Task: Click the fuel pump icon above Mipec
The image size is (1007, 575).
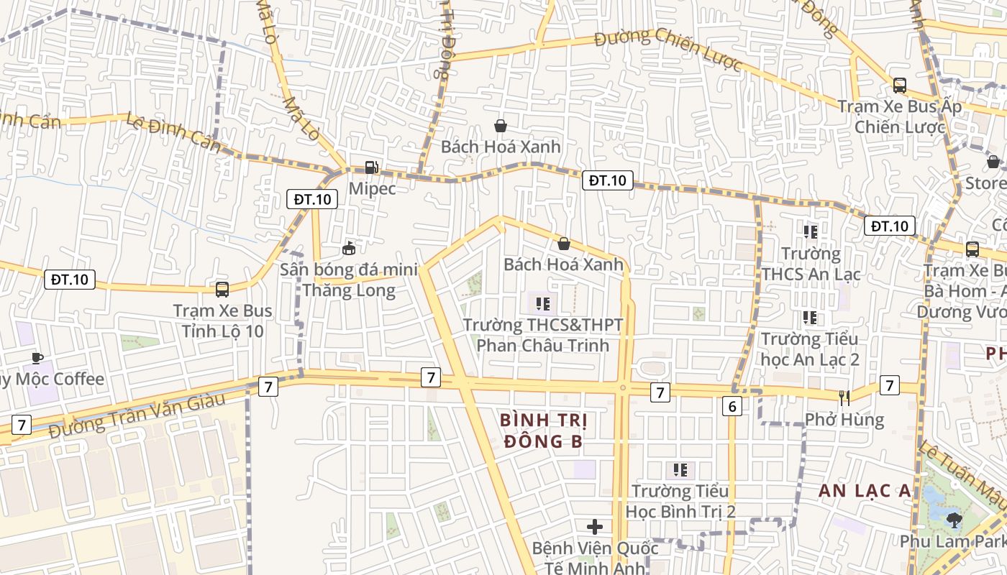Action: click(x=371, y=167)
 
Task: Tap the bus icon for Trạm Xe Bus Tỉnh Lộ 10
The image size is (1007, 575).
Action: click(x=222, y=290)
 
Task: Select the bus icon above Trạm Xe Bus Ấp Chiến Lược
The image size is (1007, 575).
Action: click(x=899, y=86)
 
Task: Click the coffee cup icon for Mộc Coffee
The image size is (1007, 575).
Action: click(x=37, y=358)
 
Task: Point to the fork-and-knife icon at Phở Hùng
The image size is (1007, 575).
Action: click(x=844, y=397)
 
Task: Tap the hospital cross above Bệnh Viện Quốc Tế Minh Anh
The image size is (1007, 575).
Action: click(x=595, y=527)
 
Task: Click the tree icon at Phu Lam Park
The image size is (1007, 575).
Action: click(x=954, y=519)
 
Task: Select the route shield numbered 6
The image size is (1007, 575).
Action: click(x=732, y=407)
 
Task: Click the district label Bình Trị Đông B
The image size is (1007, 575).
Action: click(x=543, y=430)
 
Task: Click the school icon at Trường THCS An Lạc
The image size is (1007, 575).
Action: click(x=811, y=232)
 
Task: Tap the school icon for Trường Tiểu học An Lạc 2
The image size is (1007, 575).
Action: click(x=810, y=317)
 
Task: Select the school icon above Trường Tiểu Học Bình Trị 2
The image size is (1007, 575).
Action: click(x=680, y=470)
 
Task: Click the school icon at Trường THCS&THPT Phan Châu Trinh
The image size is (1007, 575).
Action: click(x=543, y=304)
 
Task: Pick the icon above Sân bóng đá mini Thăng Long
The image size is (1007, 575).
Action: click(x=349, y=249)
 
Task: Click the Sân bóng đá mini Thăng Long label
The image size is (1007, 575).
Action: click(x=349, y=280)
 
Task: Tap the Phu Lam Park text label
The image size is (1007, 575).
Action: click(x=953, y=541)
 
